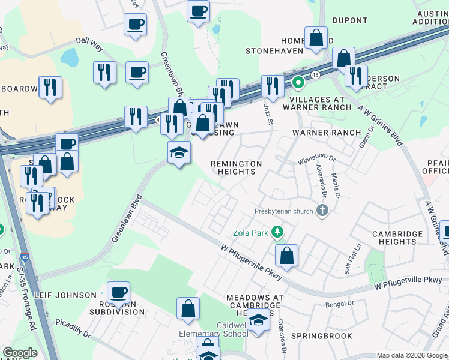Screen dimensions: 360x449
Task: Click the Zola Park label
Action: coord(250,233)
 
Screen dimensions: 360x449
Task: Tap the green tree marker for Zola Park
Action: coord(277,231)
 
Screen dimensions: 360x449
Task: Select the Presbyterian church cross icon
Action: coord(322,211)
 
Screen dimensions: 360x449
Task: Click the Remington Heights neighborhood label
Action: coord(236,167)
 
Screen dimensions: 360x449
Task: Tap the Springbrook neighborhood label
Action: coord(322,336)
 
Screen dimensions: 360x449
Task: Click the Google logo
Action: coord(20,353)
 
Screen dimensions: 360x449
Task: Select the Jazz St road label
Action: coord(268,114)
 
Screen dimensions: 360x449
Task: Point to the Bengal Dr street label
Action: coord(340,305)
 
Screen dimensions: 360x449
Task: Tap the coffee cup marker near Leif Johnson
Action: coord(119,293)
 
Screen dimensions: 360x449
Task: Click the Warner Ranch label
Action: coord(326,133)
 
